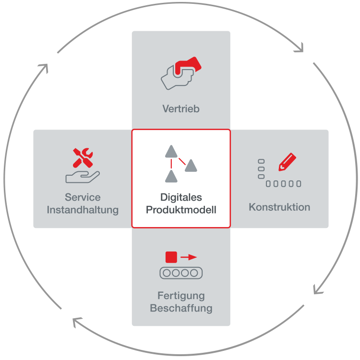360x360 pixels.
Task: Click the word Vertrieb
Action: click(x=181, y=108)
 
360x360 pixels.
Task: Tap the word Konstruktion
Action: click(x=279, y=207)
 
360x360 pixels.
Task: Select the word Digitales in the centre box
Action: click(x=181, y=197)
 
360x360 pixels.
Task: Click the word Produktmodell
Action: click(x=181, y=210)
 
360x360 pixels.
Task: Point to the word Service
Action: click(x=83, y=197)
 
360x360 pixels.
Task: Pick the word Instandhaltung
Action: click(x=83, y=210)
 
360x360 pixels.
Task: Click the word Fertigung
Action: click(x=181, y=296)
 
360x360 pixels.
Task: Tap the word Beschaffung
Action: click(x=181, y=308)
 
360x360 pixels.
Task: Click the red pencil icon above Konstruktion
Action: click(x=287, y=162)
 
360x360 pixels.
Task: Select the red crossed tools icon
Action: click(x=83, y=158)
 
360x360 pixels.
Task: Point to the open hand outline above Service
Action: click(x=83, y=177)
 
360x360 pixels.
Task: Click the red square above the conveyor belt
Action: click(x=171, y=257)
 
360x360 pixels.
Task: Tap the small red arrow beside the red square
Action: click(x=189, y=257)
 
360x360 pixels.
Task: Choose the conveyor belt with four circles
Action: click(x=181, y=273)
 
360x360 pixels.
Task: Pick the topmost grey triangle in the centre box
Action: click(x=171, y=151)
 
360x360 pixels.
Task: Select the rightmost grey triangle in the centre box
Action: click(x=191, y=166)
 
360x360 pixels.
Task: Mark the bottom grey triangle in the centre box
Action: click(x=171, y=176)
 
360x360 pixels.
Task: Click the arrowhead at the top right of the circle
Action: click(x=300, y=48)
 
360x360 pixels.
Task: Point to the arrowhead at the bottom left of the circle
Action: click(x=77, y=322)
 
